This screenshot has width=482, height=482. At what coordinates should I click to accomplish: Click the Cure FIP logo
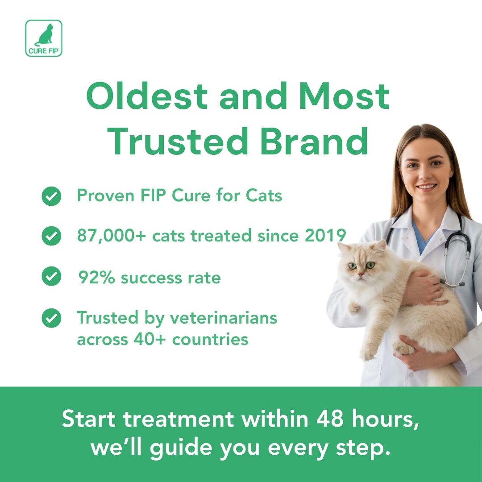pos(44,38)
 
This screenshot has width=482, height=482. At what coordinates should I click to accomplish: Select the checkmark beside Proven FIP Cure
pos(51,196)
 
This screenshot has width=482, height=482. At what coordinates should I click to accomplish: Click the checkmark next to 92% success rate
pos(51,276)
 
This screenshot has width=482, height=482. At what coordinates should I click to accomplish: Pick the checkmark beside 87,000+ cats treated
pos(51,236)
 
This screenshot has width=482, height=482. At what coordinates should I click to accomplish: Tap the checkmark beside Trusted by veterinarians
pos(51,318)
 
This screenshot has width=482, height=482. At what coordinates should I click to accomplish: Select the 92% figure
pos(96,278)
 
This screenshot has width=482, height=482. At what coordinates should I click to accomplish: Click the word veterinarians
pos(224,318)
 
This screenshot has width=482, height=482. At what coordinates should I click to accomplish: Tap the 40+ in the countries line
pos(150,340)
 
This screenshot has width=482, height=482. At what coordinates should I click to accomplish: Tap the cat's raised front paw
pos(353,307)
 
